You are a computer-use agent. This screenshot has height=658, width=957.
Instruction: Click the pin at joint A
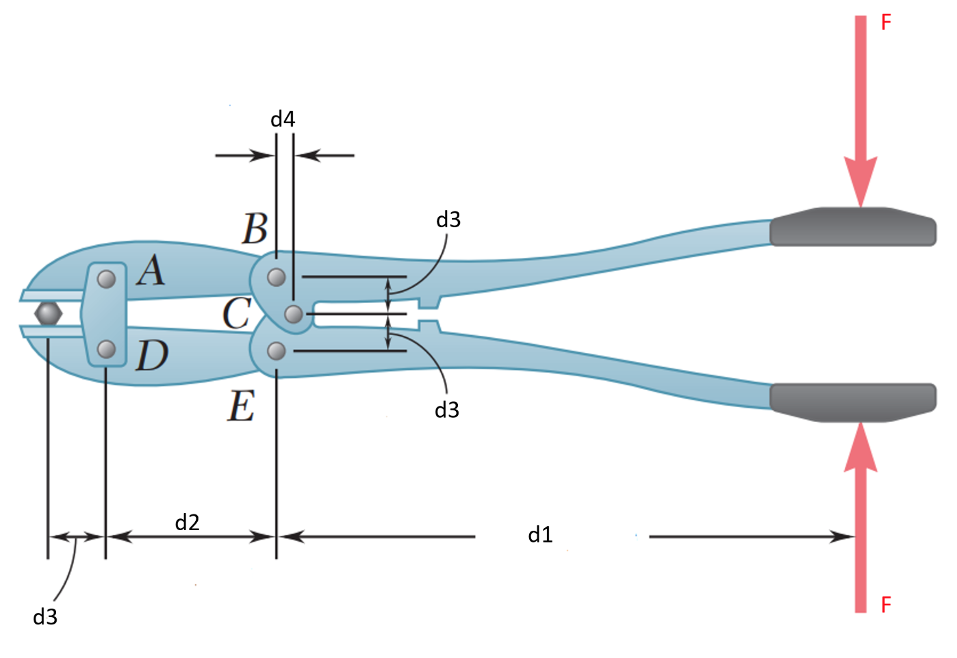coord(106,279)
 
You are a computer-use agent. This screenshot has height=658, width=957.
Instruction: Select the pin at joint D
coord(106,350)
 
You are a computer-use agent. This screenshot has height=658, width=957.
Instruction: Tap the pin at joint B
coord(276,277)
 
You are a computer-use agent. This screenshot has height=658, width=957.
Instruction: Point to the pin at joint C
coord(294,314)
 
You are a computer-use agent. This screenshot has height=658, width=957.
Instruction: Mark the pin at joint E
coord(276,352)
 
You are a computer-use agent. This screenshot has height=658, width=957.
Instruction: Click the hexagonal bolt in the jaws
coord(49,314)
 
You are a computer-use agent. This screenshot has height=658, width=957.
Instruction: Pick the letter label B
coord(255,228)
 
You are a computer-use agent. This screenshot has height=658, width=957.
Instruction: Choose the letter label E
coord(242,406)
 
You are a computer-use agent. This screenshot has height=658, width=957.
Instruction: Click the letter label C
coord(237,313)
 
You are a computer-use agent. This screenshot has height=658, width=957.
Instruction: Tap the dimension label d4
coord(283,119)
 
